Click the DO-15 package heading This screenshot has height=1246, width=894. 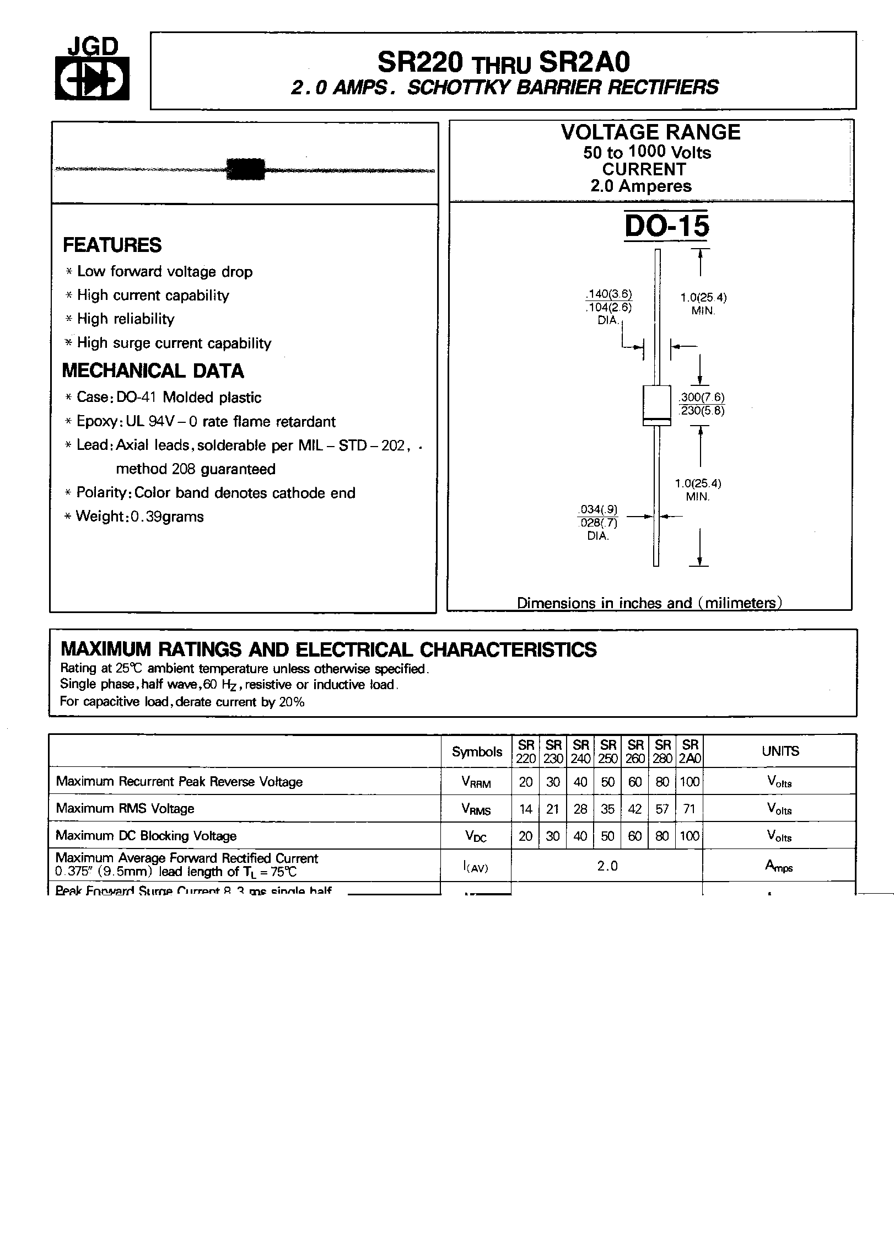pyautogui.click(x=667, y=226)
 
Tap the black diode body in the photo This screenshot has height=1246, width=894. pyautogui.click(x=246, y=169)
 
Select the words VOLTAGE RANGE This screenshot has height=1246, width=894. pyautogui.click(x=650, y=133)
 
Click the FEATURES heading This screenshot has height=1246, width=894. pyautogui.click(x=112, y=245)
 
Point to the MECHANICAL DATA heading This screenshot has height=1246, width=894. pyautogui.click(x=153, y=370)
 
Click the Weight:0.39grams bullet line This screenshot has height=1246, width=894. pyautogui.click(x=139, y=517)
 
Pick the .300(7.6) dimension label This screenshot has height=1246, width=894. pyautogui.click(x=702, y=397)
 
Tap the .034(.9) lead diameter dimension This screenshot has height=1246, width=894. pyautogui.click(x=598, y=509)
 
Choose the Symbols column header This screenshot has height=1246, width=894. pyautogui.click(x=477, y=751)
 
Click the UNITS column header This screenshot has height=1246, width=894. pyautogui.click(x=780, y=751)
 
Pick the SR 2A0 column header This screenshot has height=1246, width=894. pyautogui.click(x=690, y=751)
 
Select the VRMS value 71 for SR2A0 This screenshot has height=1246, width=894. pyautogui.click(x=689, y=809)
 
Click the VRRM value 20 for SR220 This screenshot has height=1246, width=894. pyautogui.click(x=525, y=782)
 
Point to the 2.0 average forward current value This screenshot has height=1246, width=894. pyautogui.click(x=607, y=866)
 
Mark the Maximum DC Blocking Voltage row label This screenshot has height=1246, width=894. pyautogui.click(x=146, y=836)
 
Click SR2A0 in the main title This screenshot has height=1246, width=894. pyautogui.click(x=584, y=63)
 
